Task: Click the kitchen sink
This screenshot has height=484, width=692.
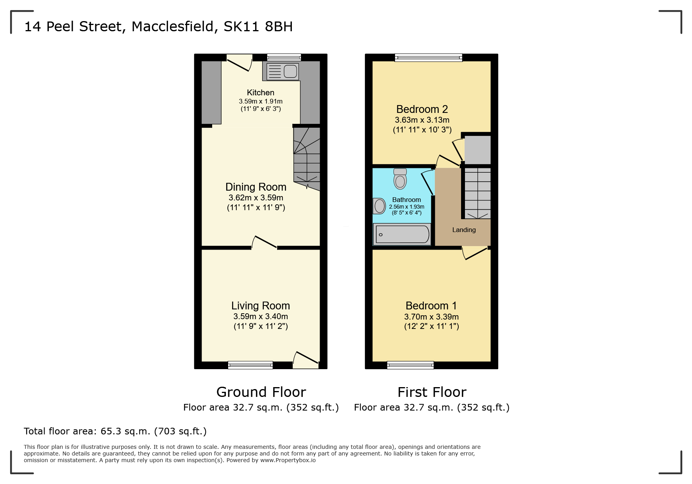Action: (283, 71)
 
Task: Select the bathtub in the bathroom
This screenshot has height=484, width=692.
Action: (402, 234)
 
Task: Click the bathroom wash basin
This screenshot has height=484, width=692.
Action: (379, 206)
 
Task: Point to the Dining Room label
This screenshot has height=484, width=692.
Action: (256, 187)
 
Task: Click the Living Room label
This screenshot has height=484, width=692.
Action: (260, 305)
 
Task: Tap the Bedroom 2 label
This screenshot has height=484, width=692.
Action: (422, 109)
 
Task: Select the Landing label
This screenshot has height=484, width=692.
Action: (464, 230)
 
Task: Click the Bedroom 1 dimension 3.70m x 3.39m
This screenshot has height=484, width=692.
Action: (431, 317)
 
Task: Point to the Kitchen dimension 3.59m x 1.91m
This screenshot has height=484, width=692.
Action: (261, 101)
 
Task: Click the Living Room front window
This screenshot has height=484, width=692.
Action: (250, 365)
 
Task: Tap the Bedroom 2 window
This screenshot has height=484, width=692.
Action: (428, 58)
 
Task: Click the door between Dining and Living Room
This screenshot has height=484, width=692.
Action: (265, 243)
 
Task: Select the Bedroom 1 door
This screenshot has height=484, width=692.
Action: (475, 253)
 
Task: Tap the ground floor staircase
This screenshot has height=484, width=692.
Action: (307, 158)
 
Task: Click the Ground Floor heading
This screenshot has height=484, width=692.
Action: (261, 392)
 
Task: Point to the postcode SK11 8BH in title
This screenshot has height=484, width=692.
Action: (258, 27)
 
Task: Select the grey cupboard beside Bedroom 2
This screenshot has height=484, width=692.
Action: (477, 150)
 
